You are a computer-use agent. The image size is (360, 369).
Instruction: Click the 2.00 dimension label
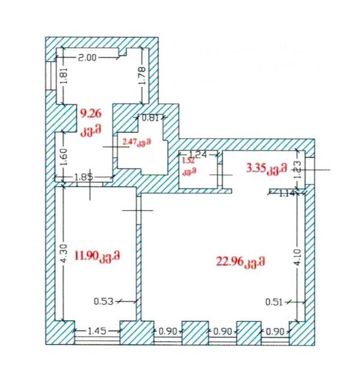click(x=87, y=58)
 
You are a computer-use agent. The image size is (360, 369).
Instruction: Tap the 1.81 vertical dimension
click(x=64, y=76)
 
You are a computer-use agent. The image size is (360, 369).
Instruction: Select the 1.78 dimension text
click(x=142, y=76)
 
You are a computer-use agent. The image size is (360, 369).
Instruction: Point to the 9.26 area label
click(x=91, y=113)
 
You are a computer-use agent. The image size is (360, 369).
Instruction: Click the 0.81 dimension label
click(x=150, y=118)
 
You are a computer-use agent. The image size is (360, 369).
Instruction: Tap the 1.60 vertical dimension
click(x=64, y=157)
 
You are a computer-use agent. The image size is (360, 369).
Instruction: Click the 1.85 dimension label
click(x=83, y=177)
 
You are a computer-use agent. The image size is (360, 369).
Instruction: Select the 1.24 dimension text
click(x=198, y=154)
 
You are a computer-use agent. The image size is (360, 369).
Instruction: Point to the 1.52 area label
click(x=189, y=161)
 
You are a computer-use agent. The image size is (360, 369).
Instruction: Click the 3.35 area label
click(x=256, y=168)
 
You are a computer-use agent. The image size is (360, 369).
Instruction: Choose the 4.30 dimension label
click(x=64, y=254)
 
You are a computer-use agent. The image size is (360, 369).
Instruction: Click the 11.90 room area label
click(x=86, y=256)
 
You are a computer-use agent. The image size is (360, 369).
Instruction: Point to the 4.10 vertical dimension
click(x=298, y=257)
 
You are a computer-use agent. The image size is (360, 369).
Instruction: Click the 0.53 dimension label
click(x=104, y=301)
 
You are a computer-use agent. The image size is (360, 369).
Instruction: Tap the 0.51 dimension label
click(x=274, y=302)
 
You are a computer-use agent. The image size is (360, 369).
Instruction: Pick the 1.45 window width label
click(x=97, y=331)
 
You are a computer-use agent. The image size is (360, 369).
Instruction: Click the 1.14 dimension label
click(x=287, y=194)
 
